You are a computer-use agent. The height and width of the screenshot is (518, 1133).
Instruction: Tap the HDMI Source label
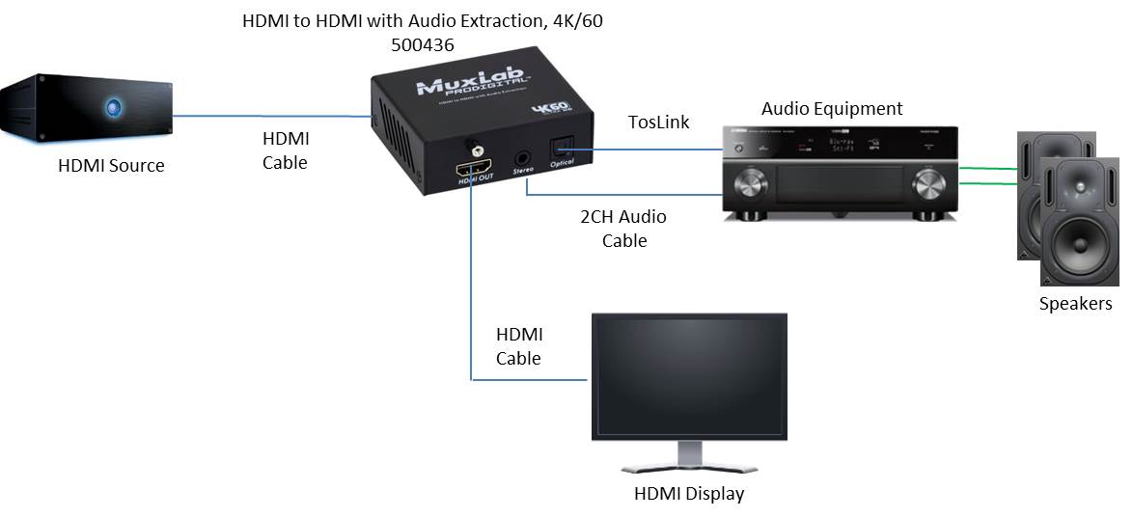pyautogui.click(x=111, y=166)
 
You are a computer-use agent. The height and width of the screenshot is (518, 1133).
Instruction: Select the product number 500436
pyautogui.click(x=423, y=44)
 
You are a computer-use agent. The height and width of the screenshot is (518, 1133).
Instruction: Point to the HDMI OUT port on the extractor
pyautogui.click(x=475, y=163)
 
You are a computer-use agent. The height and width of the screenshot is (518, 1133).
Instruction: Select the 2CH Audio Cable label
pyautogui.click(x=622, y=229)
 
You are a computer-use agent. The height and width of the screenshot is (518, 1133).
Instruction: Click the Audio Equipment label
pyautogui.click(x=832, y=109)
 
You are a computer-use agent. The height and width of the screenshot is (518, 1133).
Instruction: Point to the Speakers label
pyautogui.click(x=1075, y=305)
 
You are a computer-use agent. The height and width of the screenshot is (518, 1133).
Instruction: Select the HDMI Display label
pyautogui.click(x=689, y=495)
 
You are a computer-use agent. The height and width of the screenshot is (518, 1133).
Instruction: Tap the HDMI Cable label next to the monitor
pyautogui.click(x=519, y=346)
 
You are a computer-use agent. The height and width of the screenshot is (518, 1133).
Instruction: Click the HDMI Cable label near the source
pyautogui.click(x=286, y=151)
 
